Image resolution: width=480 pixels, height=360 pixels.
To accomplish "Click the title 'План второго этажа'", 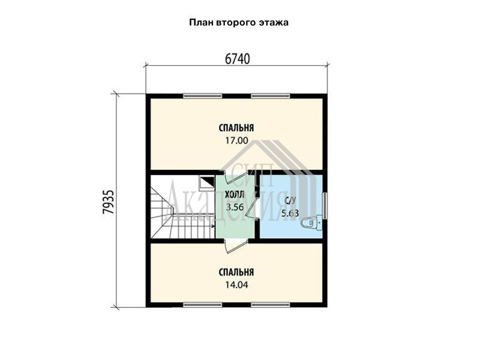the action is (x=238, y=23).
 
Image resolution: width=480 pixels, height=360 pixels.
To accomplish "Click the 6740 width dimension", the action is (x=237, y=59).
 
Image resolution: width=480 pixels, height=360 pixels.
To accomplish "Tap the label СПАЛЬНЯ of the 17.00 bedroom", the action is (x=236, y=128).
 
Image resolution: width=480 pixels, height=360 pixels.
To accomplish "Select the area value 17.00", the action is (x=236, y=140).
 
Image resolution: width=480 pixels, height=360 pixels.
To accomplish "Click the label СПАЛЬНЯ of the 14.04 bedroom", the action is (x=236, y=272).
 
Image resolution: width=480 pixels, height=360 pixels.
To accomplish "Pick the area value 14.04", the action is (x=236, y=285).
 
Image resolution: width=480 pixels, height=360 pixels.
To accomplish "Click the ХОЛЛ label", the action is (x=235, y=194).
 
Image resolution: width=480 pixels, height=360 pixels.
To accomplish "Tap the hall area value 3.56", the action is (x=235, y=207).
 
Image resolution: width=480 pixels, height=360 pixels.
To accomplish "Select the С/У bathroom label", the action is (x=290, y=200).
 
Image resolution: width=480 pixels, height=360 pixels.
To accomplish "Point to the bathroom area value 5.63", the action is (x=290, y=213).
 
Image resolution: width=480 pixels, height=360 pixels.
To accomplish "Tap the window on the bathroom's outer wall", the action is (x=325, y=205).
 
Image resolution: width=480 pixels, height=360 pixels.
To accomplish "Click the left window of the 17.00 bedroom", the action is (x=203, y=96).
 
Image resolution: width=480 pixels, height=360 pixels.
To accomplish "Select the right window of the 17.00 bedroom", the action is (x=271, y=96).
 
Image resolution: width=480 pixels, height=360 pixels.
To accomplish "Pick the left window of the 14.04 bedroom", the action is (x=203, y=305).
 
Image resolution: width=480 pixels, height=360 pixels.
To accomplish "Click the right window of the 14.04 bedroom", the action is (x=271, y=305).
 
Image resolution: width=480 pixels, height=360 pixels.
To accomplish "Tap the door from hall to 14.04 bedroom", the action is (x=236, y=246).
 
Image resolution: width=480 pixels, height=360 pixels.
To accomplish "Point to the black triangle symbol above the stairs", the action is (x=209, y=181).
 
